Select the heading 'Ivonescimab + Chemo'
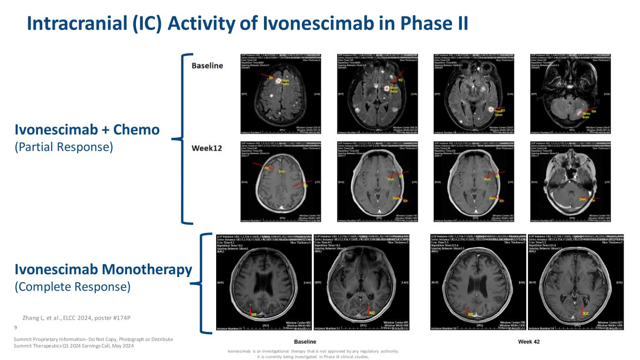87,129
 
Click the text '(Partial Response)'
64,147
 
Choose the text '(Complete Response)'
72,286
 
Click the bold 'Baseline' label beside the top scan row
207,66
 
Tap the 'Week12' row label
206,148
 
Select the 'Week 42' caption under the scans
529,342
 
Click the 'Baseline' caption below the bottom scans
305,342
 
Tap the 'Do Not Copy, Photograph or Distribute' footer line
93,339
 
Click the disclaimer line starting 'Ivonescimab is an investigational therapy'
313,351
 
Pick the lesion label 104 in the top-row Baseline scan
594,112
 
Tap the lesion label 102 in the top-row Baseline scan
400,80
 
